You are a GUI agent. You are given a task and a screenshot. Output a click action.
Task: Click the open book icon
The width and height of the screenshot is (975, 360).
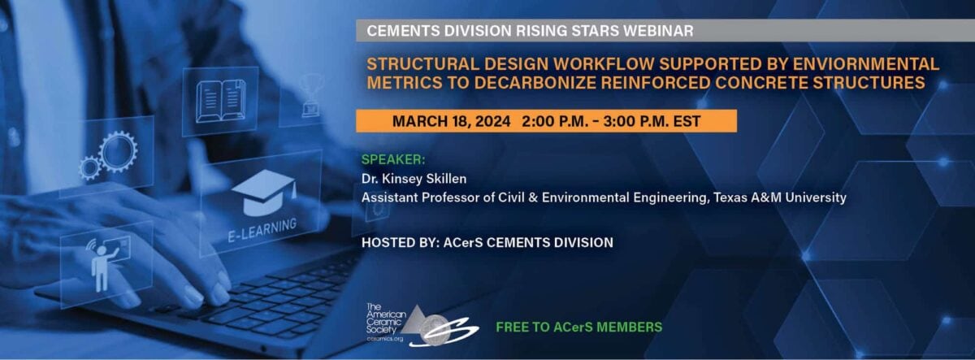pyautogui.click(x=220, y=101)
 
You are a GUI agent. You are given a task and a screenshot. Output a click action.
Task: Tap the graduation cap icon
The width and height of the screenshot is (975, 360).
pyautogui.click(x=264, y=193)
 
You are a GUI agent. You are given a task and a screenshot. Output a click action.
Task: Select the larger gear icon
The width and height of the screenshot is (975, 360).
pyautogui.click(x=118, y=152)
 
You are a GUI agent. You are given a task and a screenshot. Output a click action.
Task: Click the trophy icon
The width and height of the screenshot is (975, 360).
pyautogui.click(x=310, y=95)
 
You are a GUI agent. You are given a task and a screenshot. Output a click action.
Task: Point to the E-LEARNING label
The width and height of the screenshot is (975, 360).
pyautogui.click(x=262, y=230)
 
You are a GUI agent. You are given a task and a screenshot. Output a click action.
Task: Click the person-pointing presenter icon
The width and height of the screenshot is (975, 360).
pyautogui.click(x=104, y=266)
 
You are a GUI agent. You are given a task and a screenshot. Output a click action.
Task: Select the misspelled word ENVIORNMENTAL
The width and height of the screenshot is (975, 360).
pyautogui.click(x=865, y=64)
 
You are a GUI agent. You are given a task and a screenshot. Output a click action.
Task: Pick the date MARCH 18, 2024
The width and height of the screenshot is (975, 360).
pyautogui.click(x=452, y=121)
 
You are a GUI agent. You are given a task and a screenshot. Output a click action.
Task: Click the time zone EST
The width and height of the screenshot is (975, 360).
pyautogui.click(x=687, y=121)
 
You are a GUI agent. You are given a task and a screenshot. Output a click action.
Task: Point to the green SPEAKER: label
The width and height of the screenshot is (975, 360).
pyautogui.click(x=393, y=159)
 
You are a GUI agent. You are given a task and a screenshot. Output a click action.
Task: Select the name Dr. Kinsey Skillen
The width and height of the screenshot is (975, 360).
pyautogui.click(x=414, y=179)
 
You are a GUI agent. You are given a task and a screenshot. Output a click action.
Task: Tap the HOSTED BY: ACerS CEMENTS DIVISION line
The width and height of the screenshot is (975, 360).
pyautogui.click(x=487, y=242)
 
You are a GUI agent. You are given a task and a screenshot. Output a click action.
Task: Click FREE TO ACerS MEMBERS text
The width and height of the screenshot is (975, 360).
pyautogui.click(x=578, y=327)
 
